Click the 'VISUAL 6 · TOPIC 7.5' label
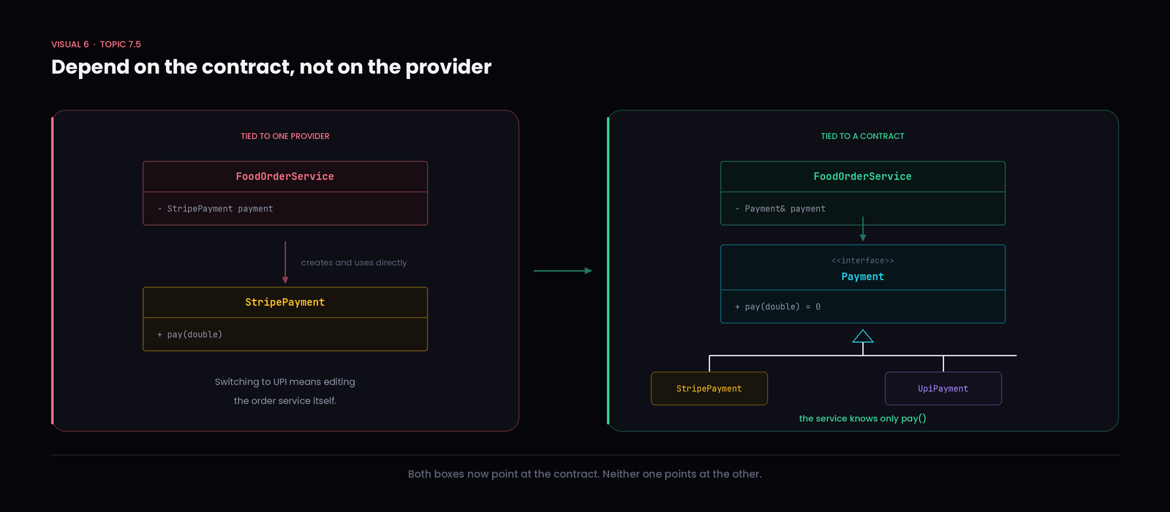click(96, 45)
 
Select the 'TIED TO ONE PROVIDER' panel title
click(285, 136)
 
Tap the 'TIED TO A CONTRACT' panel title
click(862, 136)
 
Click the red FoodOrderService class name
click(284, 176)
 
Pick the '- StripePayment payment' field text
click(215, 209)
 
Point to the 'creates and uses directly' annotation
click(354, 263)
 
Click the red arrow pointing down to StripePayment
click(285, 263)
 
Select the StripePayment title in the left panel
click(285, 302)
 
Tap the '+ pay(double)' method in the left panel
click(189, 334)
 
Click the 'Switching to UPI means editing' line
click(285, 382)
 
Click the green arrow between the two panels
click(563, 271)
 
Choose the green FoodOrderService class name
click(862, 176)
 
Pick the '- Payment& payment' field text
click(780, 209)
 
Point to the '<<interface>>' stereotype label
click(862, 260)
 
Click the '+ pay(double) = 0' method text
click(777, 306)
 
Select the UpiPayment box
click(943, 388)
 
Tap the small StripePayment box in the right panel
click(709, 388)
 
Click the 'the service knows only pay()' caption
click(862, 418)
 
